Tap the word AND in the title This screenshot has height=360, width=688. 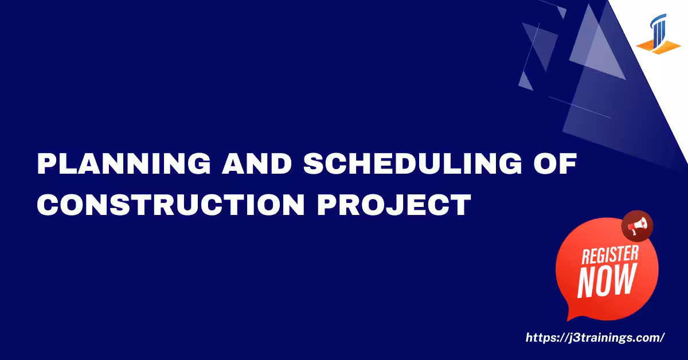tap(256, 163)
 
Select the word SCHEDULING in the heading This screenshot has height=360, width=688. tap(412, 163)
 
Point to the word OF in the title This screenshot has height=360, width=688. tap(555, 163)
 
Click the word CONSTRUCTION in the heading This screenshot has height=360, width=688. tap(171, 204)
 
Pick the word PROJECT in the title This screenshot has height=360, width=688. tap(394, 204)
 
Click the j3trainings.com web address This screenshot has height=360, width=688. tap(595, 338)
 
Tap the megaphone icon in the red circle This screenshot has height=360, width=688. tap(638, 226)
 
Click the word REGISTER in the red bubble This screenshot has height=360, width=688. tap(610, 255)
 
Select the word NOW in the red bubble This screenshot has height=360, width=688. tap(607, 281)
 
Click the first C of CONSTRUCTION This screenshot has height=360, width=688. tap(48, 204)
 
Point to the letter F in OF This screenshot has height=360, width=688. tap(568, 163)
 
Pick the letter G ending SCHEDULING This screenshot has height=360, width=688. tap(510, 163)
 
